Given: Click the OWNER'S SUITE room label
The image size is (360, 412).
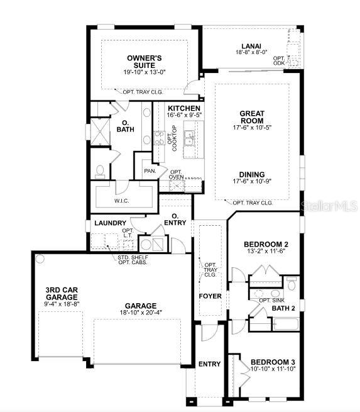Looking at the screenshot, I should pos(145,61).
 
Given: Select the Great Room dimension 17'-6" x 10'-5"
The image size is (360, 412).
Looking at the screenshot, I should pos(251,127).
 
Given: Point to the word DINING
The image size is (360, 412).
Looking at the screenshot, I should pos(251,174).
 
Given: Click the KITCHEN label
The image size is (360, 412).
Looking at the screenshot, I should pos(183,109).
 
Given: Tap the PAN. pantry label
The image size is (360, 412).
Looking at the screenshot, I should pos(150,170).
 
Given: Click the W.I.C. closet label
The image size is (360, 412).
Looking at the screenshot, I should pos(121,201).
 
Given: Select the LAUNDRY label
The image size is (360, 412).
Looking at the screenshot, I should pos(110,223).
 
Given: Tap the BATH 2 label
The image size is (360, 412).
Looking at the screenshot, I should pos(285,308).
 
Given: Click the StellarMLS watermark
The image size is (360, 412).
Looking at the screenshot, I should pos(330,205).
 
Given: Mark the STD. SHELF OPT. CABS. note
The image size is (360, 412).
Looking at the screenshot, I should pos(133,260).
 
